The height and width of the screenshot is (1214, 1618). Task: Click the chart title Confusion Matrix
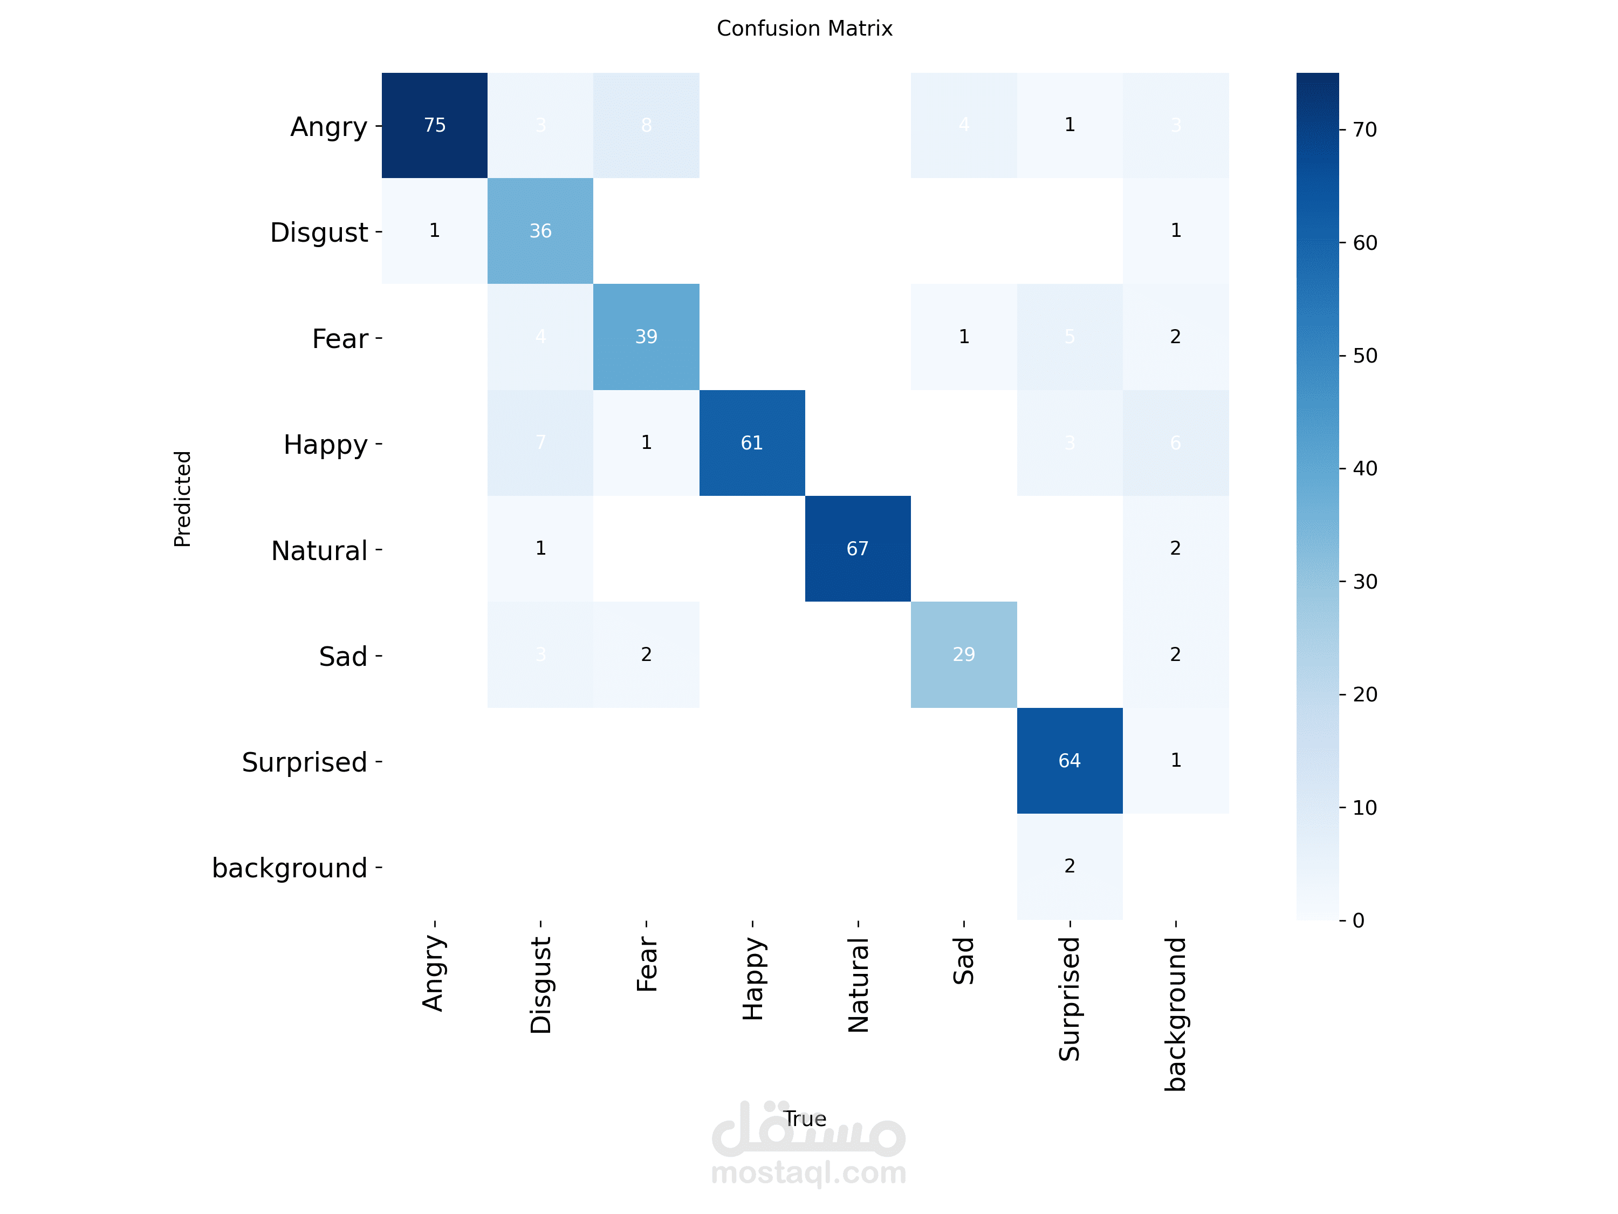click(804, 29)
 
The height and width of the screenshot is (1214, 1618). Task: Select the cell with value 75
click(435, 125)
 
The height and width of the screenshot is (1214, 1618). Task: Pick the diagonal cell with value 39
click(646, 337)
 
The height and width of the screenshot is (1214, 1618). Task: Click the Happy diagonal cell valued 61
click(752, 443)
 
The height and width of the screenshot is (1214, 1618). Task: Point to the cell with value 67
click(858, 549)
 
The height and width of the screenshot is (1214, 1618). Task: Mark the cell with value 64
click(1069, 760)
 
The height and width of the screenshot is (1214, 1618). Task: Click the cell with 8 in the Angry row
click(646, 125)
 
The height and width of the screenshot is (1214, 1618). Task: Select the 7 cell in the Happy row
click(540, 443)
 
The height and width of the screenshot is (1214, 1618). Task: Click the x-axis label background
click(1175, 1013)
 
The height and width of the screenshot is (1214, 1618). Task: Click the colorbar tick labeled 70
click(1364, 130)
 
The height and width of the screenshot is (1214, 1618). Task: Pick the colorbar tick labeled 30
click(1364, 582)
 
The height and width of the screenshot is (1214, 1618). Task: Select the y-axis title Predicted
click(182, 499)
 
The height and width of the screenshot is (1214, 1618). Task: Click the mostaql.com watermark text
click(808, 1172)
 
